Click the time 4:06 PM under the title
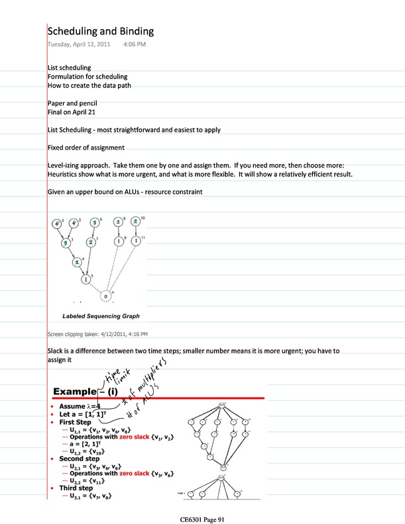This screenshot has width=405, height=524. (x=135, y=44)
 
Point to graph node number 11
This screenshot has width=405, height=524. (x=136, y=241)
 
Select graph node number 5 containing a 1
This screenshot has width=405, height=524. (x=86, y=279)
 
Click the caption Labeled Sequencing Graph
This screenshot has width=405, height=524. (x=101, y=316)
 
